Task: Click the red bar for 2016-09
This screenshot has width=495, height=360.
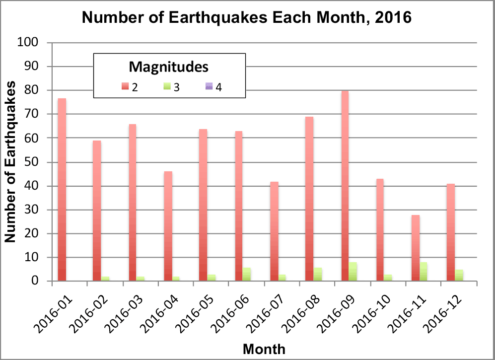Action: [345, 186]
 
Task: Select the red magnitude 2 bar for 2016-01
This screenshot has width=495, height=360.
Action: [62, 190]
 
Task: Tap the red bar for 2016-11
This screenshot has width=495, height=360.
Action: [416, 248]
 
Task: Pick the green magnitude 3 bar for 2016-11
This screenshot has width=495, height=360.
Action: [423, 272]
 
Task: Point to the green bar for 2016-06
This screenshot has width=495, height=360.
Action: [247, 274]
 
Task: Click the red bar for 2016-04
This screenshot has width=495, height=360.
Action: [168, 226]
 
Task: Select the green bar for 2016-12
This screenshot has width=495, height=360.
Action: [459, 276]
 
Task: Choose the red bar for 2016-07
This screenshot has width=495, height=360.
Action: [275, 231]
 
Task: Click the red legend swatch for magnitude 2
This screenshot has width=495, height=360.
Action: [125, 86]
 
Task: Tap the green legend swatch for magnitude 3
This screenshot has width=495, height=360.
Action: [167, 86]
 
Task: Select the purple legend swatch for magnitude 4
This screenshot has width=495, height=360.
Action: [209, 86]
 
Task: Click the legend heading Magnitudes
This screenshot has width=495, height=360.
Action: [169, 67]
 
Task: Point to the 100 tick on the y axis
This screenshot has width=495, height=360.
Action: [27, 42]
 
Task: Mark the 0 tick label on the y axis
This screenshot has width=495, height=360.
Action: [35, 281]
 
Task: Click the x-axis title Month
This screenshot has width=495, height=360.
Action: [264, 349]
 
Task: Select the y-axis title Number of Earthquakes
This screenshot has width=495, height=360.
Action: [10, 162]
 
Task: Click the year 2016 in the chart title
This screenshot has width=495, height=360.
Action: [393, 17]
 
